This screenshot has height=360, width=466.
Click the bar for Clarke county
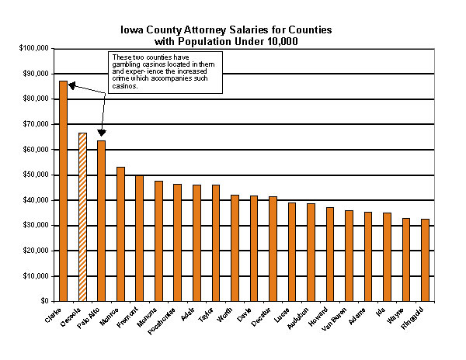pos(64,191)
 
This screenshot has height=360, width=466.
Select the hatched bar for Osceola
pos(82,217)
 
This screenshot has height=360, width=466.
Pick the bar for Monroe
pos(120,234)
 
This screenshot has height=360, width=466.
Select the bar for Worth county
pos(235,247)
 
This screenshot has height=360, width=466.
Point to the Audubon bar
pos(311,252)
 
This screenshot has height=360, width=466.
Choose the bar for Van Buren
pos(349,255)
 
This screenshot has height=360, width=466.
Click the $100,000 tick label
pos(34,48)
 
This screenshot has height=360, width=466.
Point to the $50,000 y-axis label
pos(36,175)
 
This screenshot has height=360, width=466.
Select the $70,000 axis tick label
pos(36,124)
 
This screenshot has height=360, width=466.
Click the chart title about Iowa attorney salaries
pos(225,35)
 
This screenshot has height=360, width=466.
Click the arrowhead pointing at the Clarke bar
pos(71,85)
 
